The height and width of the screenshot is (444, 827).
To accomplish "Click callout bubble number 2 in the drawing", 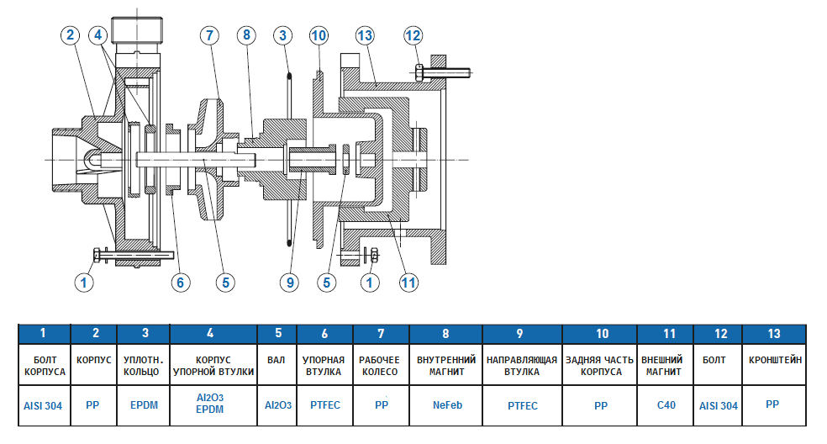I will pyautogui.click(x=71, y=34).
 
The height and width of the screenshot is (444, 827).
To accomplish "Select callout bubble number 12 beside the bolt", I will pyautogui.click(x=413, y=35).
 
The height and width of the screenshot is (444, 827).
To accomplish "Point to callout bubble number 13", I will pyautogui.click(x=364, y=35).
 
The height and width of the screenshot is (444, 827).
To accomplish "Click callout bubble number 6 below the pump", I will pyautogui.click(x=178, y=283).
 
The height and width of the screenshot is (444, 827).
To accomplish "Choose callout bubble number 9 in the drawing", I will pyautogui.click(x=290, y=283).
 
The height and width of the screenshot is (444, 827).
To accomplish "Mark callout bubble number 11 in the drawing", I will pyautogui.click(x=408, y=283).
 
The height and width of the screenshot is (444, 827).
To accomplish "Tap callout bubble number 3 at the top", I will pyautogui.click(x=284, y=35).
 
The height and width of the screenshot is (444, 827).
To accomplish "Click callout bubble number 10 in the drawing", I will pyautogui.click(x=318, y=35).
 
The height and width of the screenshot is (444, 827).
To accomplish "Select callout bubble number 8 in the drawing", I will pyautogui.click(x=245, y=35).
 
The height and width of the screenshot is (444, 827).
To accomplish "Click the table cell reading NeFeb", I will pyautogui.click(x=446, y=404).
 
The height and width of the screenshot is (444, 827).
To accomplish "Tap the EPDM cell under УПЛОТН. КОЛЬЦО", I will pyautogui.click(x=144, y=404).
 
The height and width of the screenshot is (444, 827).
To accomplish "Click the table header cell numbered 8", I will pyautogui.click(x=446, y=333).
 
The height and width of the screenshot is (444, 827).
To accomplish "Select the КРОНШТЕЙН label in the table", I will pyautogui.click(x=775, y=359).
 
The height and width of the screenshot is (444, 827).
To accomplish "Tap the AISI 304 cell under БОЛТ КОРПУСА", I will pyautogui.click(x=43, y=404).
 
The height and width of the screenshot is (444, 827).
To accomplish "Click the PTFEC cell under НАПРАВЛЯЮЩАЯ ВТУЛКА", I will pyautogui.click(x=523, y=404).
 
